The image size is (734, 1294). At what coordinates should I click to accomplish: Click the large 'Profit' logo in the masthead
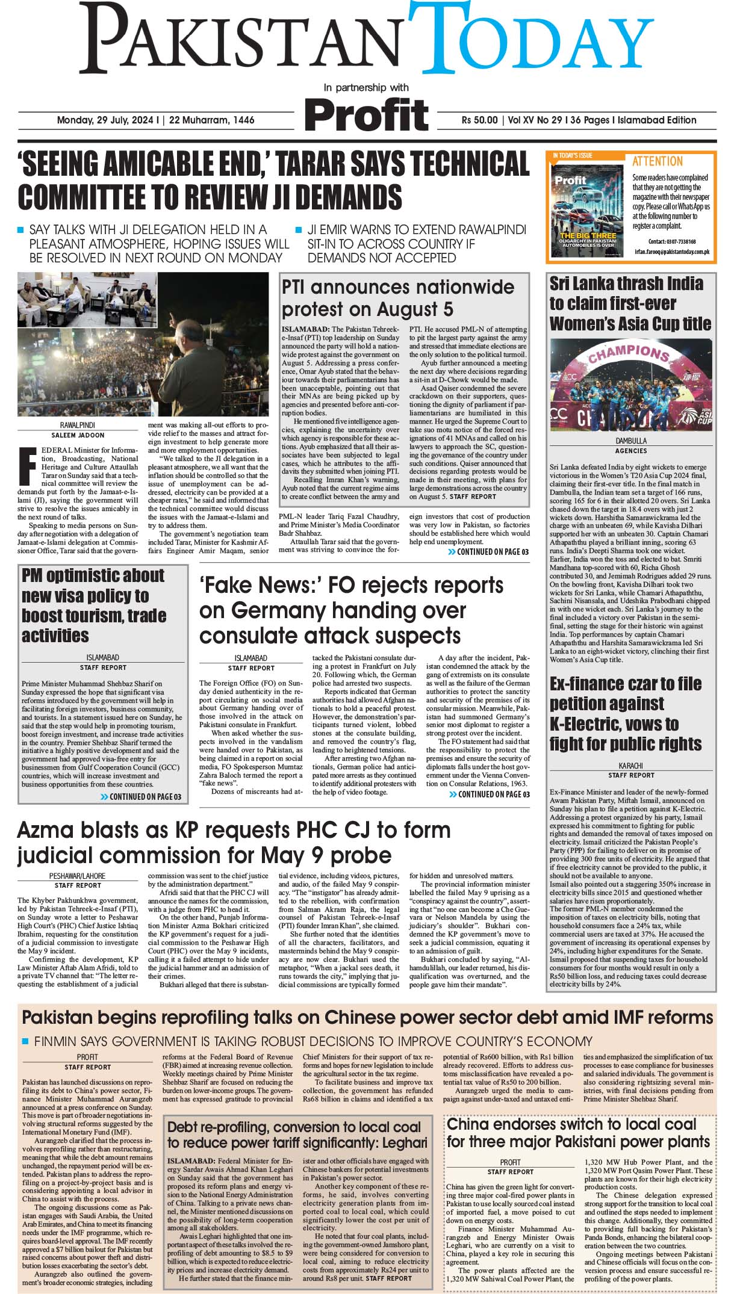pyautogui.click(x=366, y=114)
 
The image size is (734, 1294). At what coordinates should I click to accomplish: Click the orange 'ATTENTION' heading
pyautogui.click(x=658, y=161)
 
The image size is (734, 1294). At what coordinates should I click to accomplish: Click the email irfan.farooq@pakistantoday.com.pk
pyautogui.click(x=672, y=252)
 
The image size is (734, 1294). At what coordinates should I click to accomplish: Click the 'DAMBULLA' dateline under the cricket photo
pyautogui.click(x=631, y=441)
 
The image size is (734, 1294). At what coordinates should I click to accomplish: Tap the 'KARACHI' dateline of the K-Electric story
pyautogui.click(x=630, y=766)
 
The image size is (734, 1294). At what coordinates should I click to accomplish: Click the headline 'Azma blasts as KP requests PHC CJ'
pyautogui.click(x=234, y=842)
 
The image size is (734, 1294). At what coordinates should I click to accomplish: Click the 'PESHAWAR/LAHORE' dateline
pyautogui.click(x=77, y=876)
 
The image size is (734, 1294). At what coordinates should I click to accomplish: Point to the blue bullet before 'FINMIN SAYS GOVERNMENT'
pyautogui.click(x=25, y=1041)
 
